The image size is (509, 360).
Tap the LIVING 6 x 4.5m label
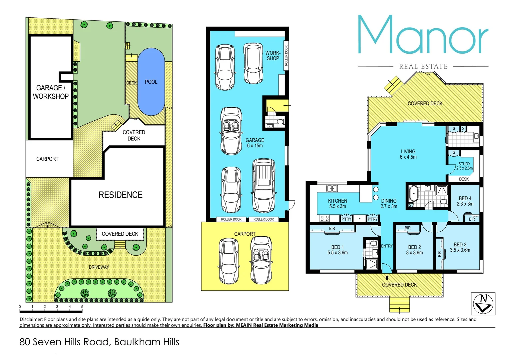tap(408, 154)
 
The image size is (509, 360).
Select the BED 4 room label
tap(465, 201)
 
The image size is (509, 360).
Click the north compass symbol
tap(483, 304)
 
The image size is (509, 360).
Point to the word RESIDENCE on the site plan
tap(120, 195)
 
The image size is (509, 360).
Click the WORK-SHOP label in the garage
tap(273, 55)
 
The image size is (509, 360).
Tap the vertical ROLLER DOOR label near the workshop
tap(286, 55)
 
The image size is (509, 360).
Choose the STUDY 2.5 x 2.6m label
tap(464, 166)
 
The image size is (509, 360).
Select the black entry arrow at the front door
tap(387, 277)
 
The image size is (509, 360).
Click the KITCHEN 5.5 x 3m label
tap(337, 203)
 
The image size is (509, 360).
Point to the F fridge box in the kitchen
tap(359, 219)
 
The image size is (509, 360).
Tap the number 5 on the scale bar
tap(82, 307)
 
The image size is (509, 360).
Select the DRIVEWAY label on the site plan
tap(99, 267)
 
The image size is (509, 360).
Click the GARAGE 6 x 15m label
tap(255, 143)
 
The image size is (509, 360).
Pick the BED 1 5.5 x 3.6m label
tap(337, 250)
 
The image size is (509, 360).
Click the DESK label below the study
tap(464, 179)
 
